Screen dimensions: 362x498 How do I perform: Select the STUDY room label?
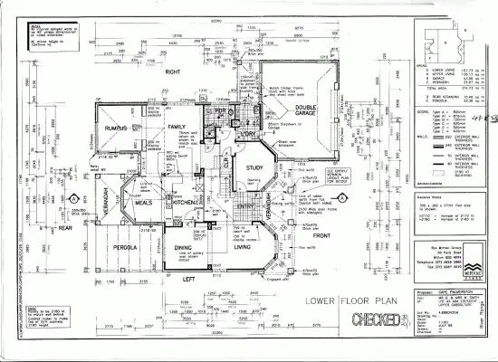click(248, 167)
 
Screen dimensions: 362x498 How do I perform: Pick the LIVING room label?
click(243, 246)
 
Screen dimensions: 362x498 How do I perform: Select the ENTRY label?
click(245, 206)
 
